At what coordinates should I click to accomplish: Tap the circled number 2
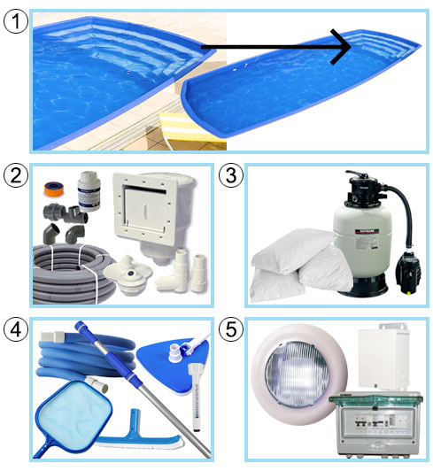tap(16, 175)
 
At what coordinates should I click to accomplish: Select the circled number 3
tap(231, 175)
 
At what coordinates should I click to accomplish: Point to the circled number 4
tap(16, 329)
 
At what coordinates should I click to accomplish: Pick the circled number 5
tap(231, 329)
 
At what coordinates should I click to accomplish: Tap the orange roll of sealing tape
tap(53, 189)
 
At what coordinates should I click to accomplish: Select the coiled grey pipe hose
tap(73, 274)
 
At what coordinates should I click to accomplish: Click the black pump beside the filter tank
tap(407, 271)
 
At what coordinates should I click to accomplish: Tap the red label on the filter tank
tap(367, 232)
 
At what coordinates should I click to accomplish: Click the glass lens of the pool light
tap(298, 374)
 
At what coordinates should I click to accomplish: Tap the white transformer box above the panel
tap(383, 357)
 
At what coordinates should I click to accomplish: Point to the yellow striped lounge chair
tap(188, 128)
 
